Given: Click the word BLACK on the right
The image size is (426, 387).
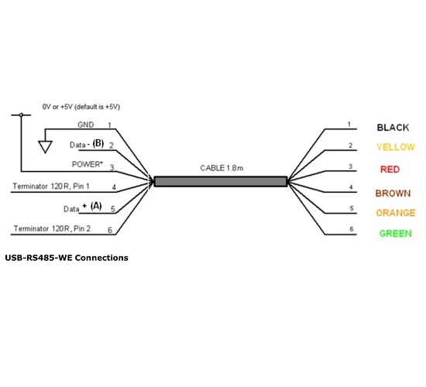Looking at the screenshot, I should (x=393, y=127).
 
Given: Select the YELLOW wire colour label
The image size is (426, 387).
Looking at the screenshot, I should (x=394, y=147).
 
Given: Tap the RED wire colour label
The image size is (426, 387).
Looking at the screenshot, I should (x=390, y=169).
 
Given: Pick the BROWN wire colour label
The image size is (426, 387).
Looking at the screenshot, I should (x=393, y=193).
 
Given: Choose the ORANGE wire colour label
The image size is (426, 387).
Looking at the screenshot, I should (x=394, y=213).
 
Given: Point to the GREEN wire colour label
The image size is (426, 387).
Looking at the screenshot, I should (x=395, y=234).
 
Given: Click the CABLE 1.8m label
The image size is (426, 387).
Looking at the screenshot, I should (x=222, y=167).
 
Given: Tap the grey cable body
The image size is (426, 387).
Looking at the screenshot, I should (x=221, y=181).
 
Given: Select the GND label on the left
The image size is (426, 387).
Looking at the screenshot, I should (x=86, y=125).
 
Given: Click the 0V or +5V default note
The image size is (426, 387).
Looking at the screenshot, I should (x=85, y=106).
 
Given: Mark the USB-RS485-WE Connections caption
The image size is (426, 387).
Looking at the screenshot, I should (x=67, y=258).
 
